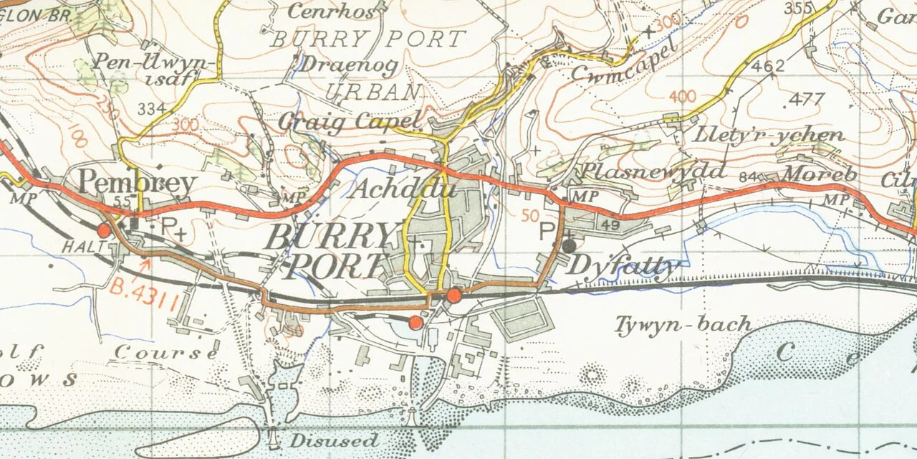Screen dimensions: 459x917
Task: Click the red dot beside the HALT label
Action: coord(104,230)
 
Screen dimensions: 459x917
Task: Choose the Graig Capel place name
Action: coord(348,121)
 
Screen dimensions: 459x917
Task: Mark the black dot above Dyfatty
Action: coord(568,245)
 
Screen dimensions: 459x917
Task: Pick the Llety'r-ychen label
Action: coord(769,135)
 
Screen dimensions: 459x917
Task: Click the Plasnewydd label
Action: coord(653,171)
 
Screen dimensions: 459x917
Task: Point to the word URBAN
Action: coord(373,92)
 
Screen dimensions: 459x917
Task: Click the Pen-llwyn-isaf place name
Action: coord(153,69)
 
